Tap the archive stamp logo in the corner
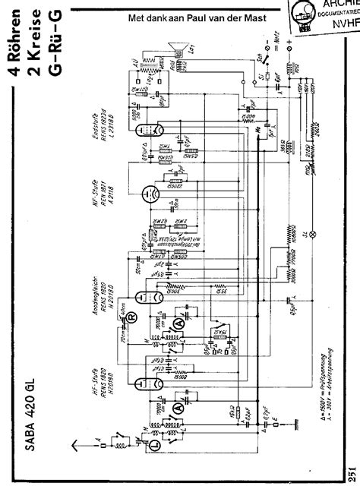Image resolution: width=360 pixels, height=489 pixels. [308, 17]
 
